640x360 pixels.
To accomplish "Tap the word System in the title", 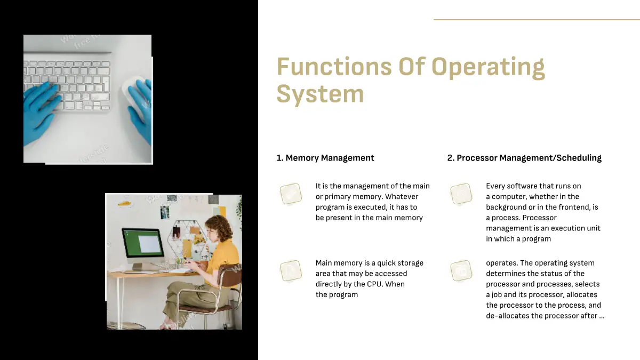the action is (321, 94).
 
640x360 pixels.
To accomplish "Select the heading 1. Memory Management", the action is (325, 158).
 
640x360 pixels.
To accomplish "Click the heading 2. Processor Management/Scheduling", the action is (524, 158).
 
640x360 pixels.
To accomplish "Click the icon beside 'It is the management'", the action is (291, 194).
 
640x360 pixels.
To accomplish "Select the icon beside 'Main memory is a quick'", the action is (291, 270).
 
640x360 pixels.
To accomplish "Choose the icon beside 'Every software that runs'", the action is (461, 194).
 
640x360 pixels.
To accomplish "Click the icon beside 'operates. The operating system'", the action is (461, 270).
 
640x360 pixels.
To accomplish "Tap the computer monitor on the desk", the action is (143, 245).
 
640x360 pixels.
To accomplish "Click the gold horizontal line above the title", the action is (537, 20).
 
